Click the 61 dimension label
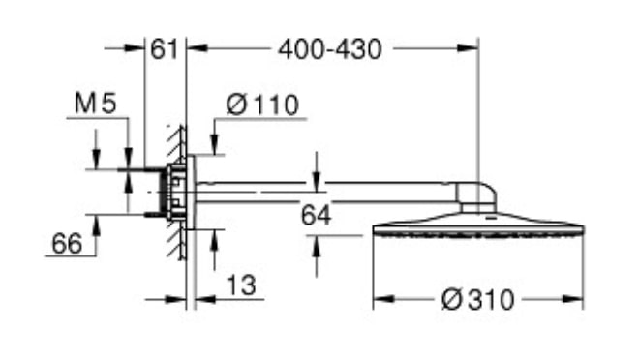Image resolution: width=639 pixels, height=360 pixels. coord(165,49)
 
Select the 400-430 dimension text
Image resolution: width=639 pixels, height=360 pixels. coord(330,49)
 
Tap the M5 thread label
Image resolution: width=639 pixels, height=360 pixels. coord(96,103)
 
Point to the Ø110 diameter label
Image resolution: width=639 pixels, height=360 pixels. coord(262,105)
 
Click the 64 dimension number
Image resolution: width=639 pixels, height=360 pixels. coord(317,215)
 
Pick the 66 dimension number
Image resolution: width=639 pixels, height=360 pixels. coord(67,244)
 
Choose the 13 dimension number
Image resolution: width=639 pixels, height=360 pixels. coord(241,285)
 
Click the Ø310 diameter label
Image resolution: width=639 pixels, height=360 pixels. coord(478,300)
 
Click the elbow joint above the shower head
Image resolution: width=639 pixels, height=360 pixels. coord(476,196)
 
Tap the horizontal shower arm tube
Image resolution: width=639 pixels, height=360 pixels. coord(326,192)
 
